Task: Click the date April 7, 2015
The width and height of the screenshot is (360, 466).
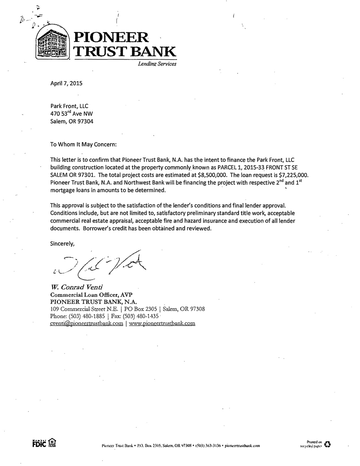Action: [x=66, y=83]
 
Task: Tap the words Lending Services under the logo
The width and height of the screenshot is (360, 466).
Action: [x=157, y=64]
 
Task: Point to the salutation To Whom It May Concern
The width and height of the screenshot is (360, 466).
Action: [x=83, y=144]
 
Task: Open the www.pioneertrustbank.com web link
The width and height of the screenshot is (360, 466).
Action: [x=162, y=323]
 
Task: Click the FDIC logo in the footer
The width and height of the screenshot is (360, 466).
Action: [x=39, y=443]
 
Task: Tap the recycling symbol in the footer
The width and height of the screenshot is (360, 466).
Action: [x=328, y=444]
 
